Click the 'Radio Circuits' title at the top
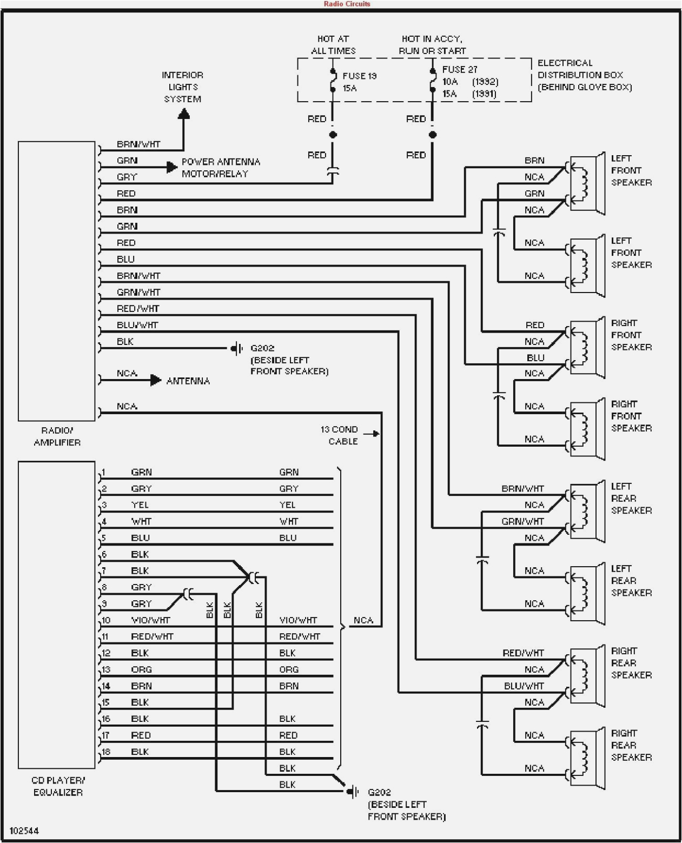coord(347,4)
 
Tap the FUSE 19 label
coord(359,76)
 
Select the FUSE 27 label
coord(460,69)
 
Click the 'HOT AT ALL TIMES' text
coord(333,45)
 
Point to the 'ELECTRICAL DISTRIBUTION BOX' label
coord(584,75)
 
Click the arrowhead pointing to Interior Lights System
coord(184,114)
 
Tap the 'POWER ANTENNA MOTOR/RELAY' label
coord(221,168)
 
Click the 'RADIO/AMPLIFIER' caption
coord(57,436)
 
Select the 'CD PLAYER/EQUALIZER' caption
coord(58,786)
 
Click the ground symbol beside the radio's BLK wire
coord(237,349)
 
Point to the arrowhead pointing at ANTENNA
coord(156,381)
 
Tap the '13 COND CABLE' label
coord(339,435)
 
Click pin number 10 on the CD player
coord(106,620)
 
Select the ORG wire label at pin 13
coord(141,669)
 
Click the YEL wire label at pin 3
coord(140,505)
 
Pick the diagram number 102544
coord(24,831)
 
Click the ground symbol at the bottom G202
coord(353,792)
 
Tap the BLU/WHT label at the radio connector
coord(137,325)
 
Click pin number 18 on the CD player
coord(106,752)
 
